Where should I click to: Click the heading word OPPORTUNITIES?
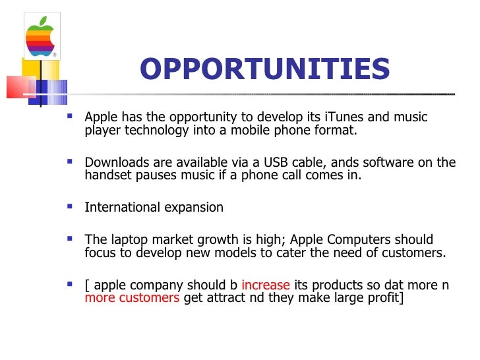[x=264, y=69]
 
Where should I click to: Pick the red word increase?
[x=266, y=285]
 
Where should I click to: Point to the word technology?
[x=156, y=130]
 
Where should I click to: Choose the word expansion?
[x=195, y=208]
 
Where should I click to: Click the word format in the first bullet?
[x=337, y=130]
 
